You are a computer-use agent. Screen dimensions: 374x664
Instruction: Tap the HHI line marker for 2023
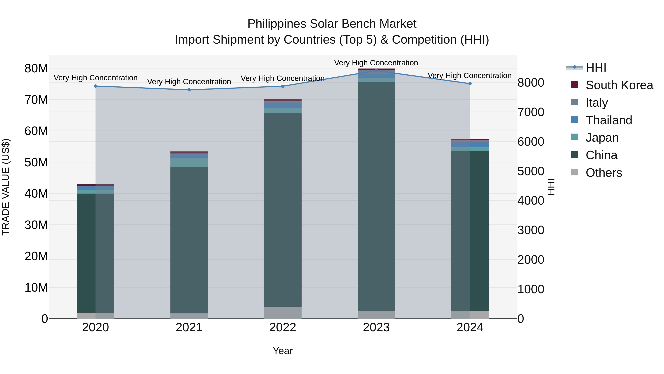(x=376, y=71)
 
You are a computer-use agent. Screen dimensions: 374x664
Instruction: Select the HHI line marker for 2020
(x=95, y=86)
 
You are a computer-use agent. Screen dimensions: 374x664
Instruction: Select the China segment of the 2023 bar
(x=376, y=196)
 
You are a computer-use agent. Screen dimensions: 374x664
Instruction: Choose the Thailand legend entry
(x=609, y=120)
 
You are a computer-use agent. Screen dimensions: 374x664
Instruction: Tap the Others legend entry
(x=604, y=173)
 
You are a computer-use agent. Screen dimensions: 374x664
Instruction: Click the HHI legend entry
(x=596, y=68)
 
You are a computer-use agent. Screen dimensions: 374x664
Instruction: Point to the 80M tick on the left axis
(x=36, y=69)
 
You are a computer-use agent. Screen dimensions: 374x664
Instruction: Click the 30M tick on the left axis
(x=36, y=225)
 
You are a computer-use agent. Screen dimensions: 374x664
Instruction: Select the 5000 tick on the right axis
(x=531, y=171)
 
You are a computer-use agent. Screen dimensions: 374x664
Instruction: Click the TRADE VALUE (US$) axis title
(x=6, y=187)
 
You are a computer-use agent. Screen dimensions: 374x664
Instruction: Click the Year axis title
(x=283, y=351)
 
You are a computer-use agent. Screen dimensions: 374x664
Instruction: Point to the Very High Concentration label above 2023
(x=376, y=63)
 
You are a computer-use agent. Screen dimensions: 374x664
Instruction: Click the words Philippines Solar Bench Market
(x=332, y=24)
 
